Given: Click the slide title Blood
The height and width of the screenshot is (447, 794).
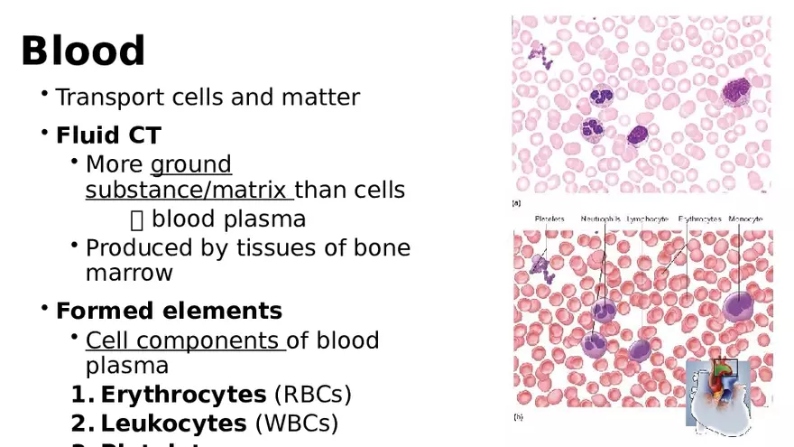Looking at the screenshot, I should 83,51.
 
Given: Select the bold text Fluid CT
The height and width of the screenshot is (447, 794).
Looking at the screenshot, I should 108,136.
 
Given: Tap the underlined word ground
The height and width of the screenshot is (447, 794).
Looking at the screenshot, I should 191,164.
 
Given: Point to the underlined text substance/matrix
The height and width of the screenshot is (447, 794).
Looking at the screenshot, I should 188,191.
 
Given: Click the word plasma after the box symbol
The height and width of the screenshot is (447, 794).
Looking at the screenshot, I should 268,219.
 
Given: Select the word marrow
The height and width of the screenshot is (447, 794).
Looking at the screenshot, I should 129,273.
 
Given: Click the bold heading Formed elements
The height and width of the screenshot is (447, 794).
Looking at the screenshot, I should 169,312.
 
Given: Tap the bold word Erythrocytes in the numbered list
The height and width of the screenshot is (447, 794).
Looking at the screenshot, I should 183,395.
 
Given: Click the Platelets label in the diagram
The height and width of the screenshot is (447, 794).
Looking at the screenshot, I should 549,219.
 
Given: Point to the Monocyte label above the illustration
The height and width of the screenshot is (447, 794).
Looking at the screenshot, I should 745,219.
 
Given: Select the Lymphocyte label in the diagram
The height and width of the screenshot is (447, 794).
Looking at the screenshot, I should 647,219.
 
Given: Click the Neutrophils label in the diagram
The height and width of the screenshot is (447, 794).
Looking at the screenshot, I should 600,219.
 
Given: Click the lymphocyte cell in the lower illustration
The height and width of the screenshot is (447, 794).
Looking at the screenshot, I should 640,348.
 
